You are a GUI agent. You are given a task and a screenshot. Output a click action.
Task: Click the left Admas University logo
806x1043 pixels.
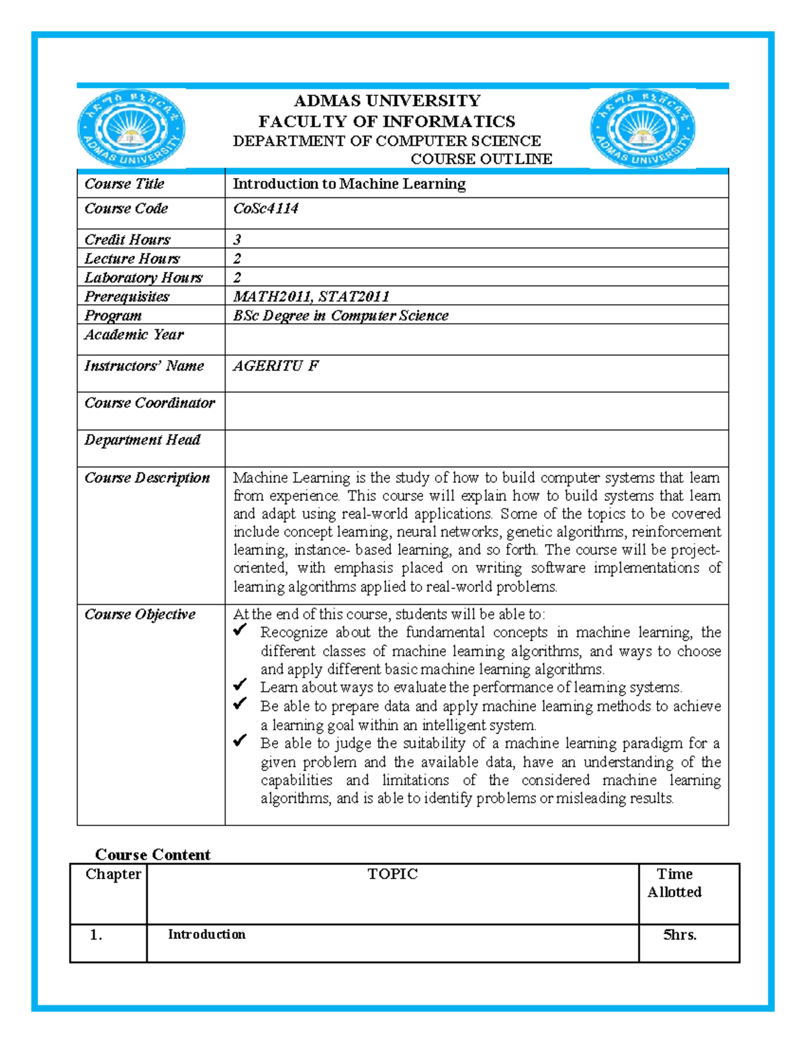[132, 129]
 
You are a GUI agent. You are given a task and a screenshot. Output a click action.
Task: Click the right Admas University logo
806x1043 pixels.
[643, 129]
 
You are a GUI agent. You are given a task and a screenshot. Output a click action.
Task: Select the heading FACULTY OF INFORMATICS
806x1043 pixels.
[387, 122]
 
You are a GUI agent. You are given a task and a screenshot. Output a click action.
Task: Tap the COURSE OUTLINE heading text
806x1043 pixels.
[481, 159]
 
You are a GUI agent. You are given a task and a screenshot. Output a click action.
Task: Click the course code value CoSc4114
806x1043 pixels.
[265, 209]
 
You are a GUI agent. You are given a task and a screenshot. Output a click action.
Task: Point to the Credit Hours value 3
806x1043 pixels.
[237, 240]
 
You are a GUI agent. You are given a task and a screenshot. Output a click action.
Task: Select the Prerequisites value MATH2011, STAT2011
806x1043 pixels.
[311, 297]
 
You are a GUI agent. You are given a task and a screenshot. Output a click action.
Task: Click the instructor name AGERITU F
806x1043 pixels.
[275, 366]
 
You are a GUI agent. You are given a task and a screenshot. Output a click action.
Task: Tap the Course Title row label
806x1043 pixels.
[124, 184]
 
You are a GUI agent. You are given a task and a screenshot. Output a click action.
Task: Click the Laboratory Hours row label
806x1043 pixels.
[143, 278]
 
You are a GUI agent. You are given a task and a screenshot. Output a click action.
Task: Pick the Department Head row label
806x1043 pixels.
[142, 440]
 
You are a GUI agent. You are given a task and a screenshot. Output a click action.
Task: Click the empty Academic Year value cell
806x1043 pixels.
[476, 339]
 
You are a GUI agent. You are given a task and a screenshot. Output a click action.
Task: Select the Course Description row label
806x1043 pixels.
[147, 478]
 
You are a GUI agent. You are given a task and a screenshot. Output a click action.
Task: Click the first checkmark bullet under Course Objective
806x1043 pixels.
[240, 631]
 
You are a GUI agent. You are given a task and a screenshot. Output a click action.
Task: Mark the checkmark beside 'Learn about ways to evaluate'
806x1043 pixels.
[240, 686]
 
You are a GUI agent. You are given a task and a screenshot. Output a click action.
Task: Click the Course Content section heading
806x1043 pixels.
[152, 854]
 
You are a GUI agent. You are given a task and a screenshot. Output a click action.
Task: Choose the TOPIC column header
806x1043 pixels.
[392, 874]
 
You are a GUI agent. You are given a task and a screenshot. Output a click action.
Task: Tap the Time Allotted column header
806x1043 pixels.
[674, 883]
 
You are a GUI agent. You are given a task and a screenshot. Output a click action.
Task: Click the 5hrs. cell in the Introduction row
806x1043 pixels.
[680, 935]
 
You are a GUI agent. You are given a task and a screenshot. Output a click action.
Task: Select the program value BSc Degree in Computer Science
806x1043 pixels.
[341, 316]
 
